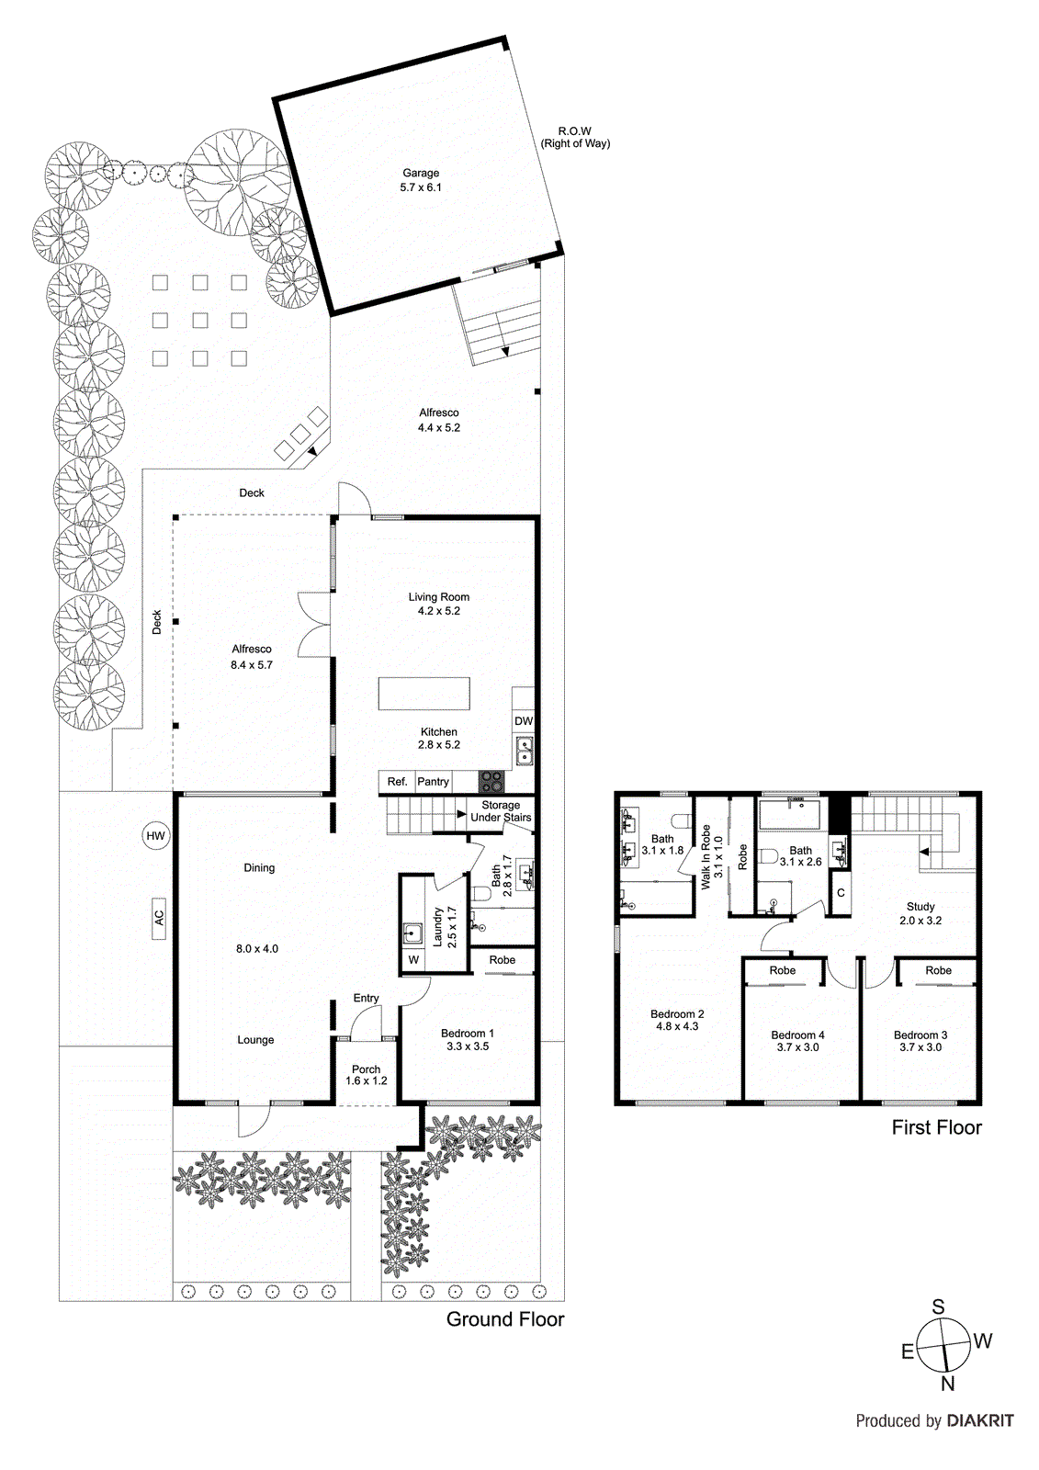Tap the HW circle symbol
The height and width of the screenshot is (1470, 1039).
point(156,835)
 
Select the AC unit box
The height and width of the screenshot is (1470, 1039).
point(159,918)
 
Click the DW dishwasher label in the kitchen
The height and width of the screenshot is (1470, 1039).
point(524,721)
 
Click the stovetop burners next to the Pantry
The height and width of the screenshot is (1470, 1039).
point(491,782)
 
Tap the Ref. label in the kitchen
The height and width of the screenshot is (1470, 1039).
point(397,782)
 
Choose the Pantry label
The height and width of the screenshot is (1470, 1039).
point(434,782)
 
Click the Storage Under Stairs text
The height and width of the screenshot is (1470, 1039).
point(501,811)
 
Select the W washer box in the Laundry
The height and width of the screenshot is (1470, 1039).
point(413,960)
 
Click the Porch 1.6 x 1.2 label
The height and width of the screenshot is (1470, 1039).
point(366,1075)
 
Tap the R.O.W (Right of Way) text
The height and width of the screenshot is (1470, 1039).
point(575,137)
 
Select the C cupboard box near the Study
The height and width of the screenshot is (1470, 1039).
point(841,893)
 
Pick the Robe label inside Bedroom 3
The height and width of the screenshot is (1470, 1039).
point(938,970)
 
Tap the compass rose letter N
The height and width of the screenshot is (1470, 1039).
point(948,1384)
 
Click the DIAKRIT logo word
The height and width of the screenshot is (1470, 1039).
point(980,1420)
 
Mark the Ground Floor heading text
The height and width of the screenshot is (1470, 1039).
point(505,1319)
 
